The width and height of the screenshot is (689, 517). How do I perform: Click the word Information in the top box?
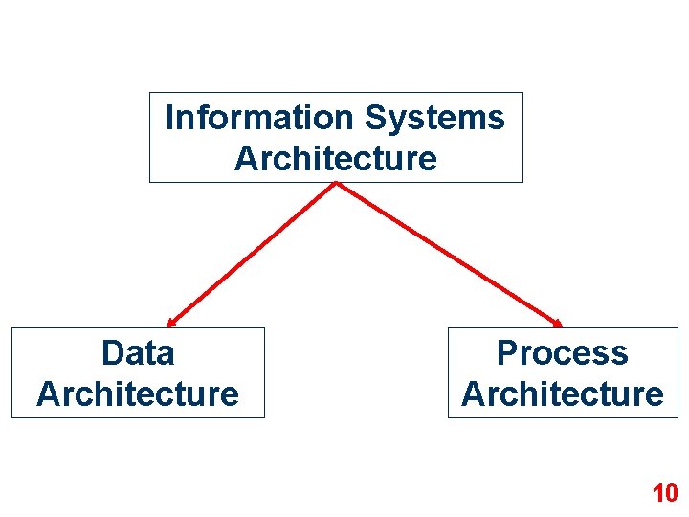point(259,118)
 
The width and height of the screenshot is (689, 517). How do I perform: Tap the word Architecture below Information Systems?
point(335,158)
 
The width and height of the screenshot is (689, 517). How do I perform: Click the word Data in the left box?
point(138,353)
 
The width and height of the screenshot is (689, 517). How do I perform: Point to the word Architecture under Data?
point(138,393)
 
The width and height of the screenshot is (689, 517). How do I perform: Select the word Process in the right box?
point(562,353)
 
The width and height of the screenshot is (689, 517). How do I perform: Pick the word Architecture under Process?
point(562,393)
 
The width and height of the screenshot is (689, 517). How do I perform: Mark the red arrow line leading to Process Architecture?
point(448,255)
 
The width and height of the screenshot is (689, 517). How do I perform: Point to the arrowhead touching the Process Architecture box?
point(558,323)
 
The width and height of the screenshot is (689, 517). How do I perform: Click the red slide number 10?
point(664,494)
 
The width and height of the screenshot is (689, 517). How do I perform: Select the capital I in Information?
point(170,118)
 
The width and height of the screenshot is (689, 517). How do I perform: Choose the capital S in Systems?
point(375,118)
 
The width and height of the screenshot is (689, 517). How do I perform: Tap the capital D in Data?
point(112,353)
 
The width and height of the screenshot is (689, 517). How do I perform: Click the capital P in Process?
point(507,353)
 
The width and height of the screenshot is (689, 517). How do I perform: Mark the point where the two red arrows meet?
point(336,184)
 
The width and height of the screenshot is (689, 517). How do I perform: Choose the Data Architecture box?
point(138,373)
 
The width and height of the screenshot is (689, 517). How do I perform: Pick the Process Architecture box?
point(562,373)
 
